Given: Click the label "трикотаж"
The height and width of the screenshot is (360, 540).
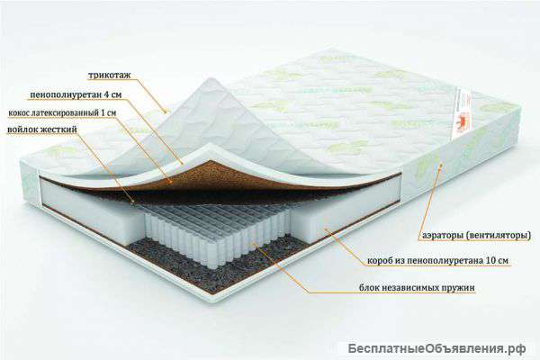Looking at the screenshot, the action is (110, 75).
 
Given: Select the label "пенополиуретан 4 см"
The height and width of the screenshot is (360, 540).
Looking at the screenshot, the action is (76, 94).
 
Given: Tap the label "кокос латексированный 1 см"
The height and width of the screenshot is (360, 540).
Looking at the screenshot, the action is (62, 112).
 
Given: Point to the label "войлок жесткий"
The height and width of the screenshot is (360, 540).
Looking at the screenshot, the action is (42, 130).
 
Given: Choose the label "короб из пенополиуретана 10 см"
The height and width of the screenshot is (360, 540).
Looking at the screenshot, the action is (437, 260).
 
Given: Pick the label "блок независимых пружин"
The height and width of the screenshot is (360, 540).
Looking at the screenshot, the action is (417, 287).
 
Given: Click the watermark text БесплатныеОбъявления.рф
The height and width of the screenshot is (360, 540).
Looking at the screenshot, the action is (436, 348).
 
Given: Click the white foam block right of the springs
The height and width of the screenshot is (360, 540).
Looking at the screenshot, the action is (345, 210).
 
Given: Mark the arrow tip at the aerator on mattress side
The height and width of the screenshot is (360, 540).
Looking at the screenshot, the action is (442, 165).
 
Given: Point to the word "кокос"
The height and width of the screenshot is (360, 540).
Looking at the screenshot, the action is (19, 112).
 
